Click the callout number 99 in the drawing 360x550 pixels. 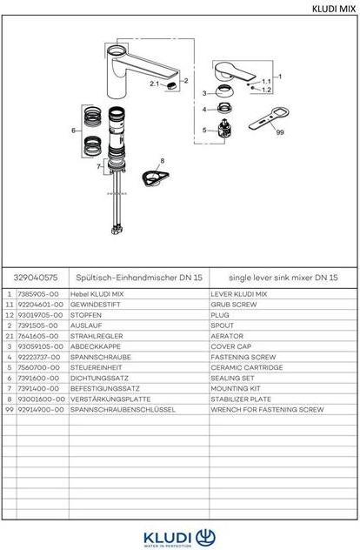tap(279, 133)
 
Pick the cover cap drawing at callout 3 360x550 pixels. tap(224, 91)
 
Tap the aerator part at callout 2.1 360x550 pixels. tap(170, 84)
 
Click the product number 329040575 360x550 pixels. tap(37, 277)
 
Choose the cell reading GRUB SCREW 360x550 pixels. tap(231, 305)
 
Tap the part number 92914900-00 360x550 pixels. tap(39, 407)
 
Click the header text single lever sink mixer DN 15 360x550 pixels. tap(277, 277)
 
